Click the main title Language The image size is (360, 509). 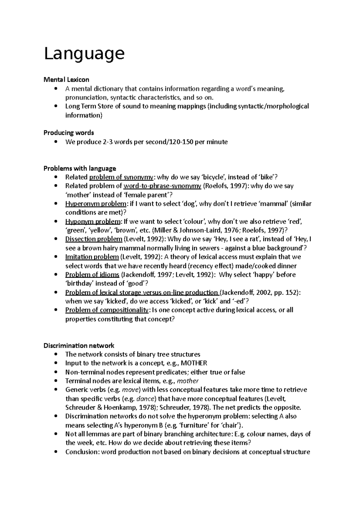[84, 54]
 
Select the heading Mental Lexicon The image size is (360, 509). [66, 80]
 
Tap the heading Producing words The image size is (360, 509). [69, 132]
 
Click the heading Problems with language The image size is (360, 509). [80, 168]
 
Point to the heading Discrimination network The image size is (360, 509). [79, 346]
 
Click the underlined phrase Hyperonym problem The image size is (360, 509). [96, 204]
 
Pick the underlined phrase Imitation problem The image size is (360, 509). [92, 257]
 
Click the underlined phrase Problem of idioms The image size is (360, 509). [92, 275]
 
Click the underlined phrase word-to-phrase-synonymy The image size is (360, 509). [162, 186]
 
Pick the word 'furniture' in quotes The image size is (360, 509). [196, 425]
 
